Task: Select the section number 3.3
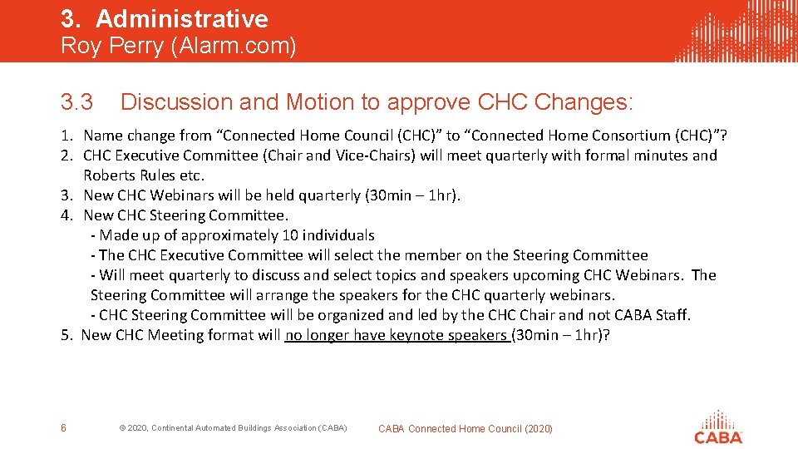coord(77,103)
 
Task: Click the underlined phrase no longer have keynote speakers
coord(396,335)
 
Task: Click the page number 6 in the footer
coord(64,428)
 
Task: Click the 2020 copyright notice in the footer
coord(233,428)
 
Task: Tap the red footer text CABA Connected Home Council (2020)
coord(465,429)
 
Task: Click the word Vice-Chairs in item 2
coord(357,155)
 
